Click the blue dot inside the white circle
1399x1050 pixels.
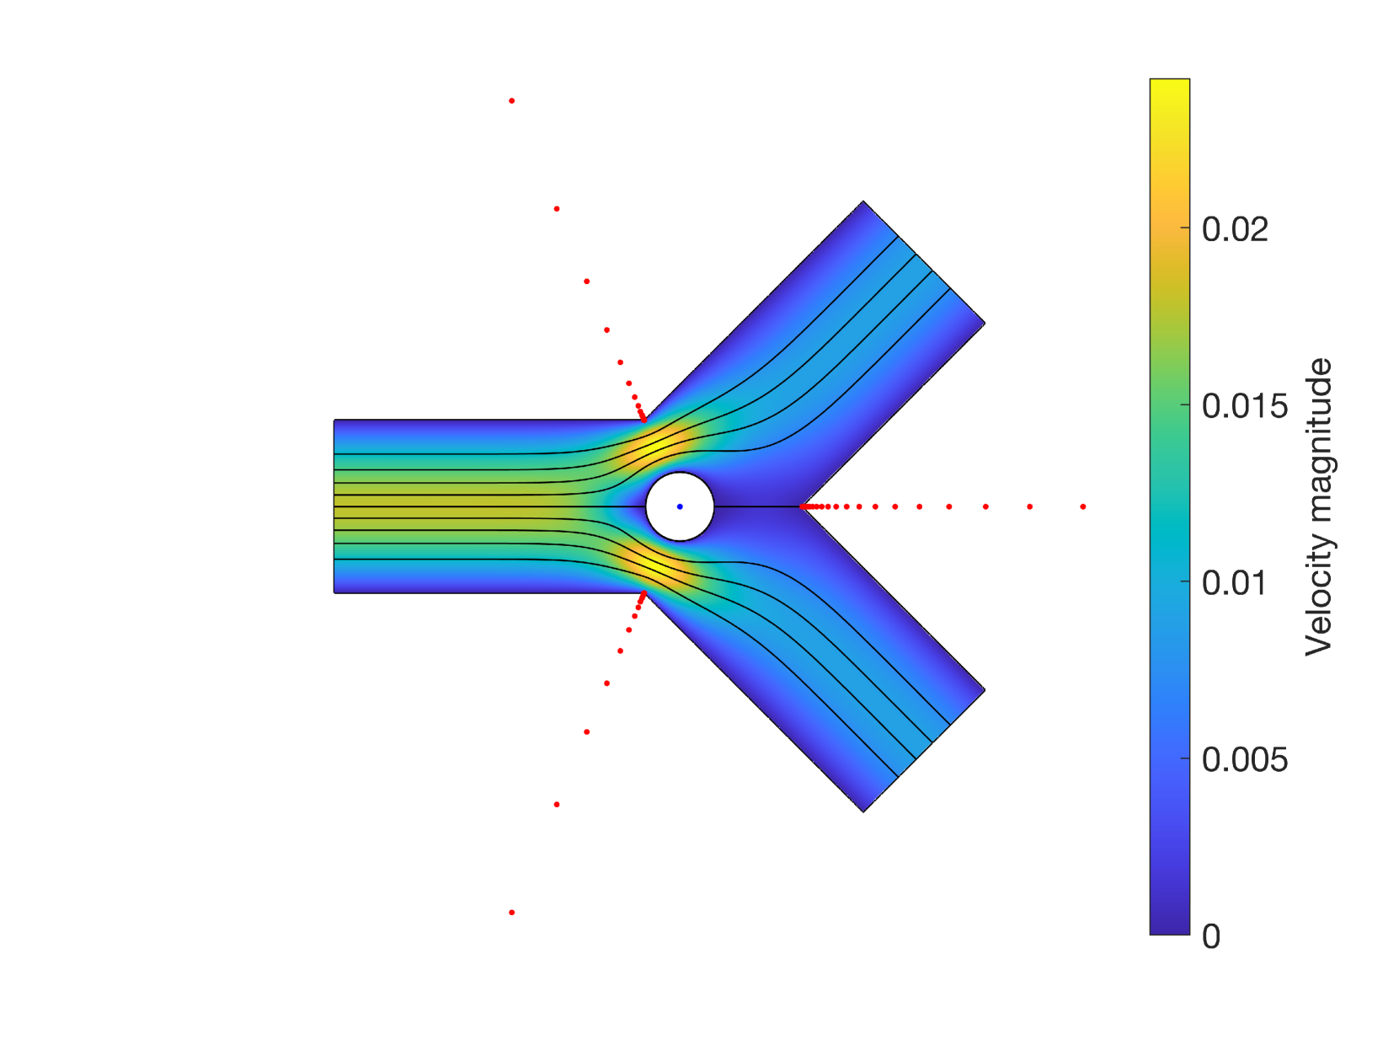click(x=680, y=506)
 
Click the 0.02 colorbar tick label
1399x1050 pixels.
click(x=1235, y=229)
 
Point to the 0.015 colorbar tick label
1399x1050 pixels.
click(x=1244, y=405)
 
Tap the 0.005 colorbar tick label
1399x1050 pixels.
click(x=1244, y=759)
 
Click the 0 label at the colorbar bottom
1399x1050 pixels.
click(x=1211, y=936)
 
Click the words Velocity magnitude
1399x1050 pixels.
click(x=1319, y=506)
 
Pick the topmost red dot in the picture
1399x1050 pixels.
click(x=512, y=101)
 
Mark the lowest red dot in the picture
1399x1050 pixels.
click(x=512, y=913)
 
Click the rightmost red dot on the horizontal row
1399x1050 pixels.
click(x=1083, y=506)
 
